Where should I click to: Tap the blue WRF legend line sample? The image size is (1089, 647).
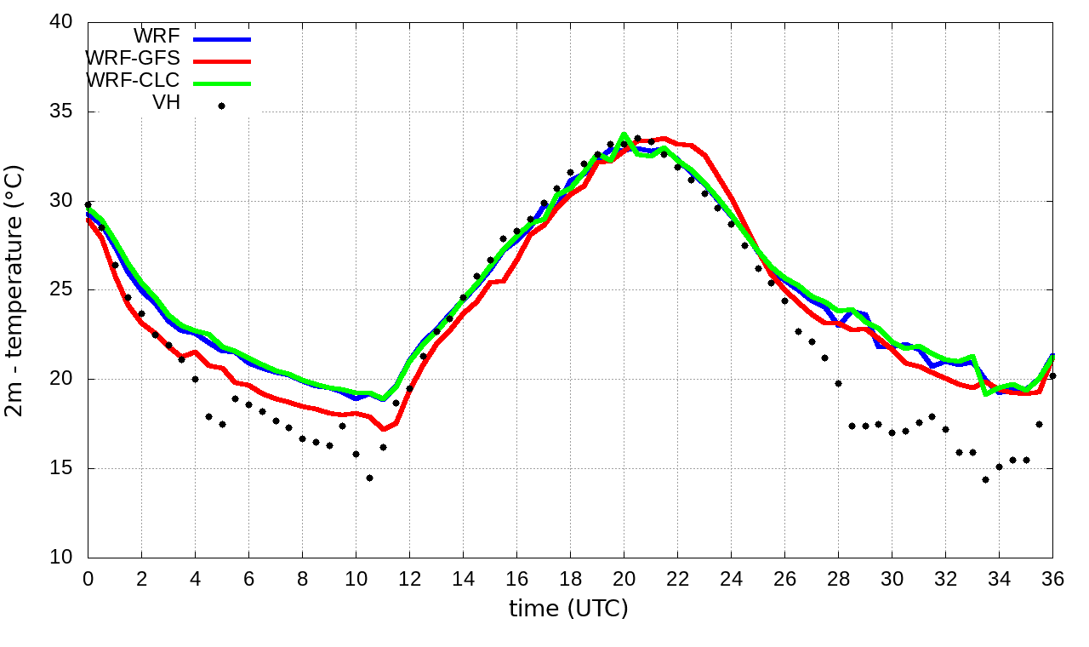tap(222, 39)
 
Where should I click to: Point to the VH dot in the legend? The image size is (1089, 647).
tap(221, 106)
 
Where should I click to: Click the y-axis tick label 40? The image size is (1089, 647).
tap(60, 23)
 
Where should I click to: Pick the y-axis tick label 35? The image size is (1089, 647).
tap(60, 112)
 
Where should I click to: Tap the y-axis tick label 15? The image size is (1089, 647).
tap(60, 468)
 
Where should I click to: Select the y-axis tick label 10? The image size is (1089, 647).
tap(60, 558)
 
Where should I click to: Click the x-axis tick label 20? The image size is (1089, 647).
tap(624, 578)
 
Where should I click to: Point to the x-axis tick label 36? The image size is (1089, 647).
tap(1052, 578)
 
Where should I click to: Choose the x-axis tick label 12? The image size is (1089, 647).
tap(409, 578)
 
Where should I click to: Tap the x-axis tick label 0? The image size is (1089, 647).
tap(88, 578)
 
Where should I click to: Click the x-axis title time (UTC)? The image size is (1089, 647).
tap(568, 609)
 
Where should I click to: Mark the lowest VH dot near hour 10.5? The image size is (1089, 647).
tap(369, 478)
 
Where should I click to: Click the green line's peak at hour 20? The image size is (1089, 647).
tap(624, 135)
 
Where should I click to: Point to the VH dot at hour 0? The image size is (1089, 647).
tap(88, 204)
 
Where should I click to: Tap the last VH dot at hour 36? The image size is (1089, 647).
tap(1052, 375)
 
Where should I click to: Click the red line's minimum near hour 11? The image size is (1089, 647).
tap(383, 427)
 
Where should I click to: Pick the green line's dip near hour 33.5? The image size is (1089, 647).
tap(986, 392)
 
